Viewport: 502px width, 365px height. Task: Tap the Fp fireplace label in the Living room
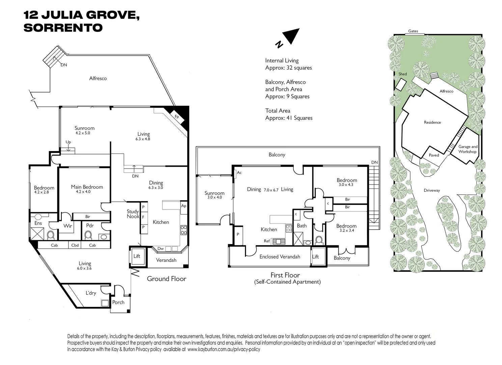(176, 117)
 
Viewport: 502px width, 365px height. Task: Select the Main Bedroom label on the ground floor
(87, 187)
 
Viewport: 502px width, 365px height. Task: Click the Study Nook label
(133, 214)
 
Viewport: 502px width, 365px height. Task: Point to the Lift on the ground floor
(137, 256)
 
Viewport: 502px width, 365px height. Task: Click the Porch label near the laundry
(118, 302)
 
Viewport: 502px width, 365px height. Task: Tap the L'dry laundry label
(90, 293)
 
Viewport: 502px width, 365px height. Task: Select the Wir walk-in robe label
(68, 226)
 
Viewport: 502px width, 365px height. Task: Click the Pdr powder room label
(90, 225)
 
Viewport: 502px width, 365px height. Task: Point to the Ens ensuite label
(38, 223)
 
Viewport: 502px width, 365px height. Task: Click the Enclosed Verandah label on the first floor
(280, 257)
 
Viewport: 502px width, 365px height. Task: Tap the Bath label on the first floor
(302, 226)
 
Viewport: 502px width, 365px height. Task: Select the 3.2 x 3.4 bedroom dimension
(346, 230)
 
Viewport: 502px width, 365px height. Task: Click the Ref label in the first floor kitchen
(267, 241)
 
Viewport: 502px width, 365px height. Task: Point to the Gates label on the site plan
(413, 31)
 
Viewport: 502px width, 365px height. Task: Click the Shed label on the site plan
(402, 74)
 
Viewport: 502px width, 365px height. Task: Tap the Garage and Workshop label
(468, 149)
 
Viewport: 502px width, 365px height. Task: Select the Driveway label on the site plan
(432, 191)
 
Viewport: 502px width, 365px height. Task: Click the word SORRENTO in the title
(63, 28)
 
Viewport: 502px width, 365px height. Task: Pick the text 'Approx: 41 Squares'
(289, 118)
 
